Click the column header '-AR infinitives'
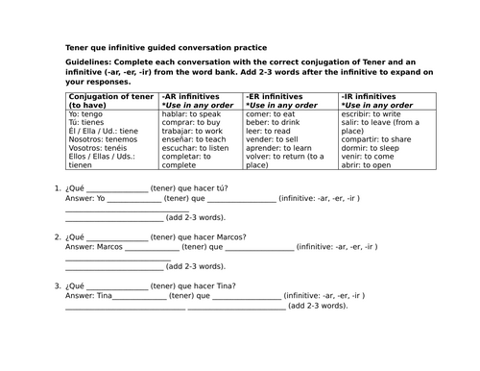192,97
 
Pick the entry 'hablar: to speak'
194,114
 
